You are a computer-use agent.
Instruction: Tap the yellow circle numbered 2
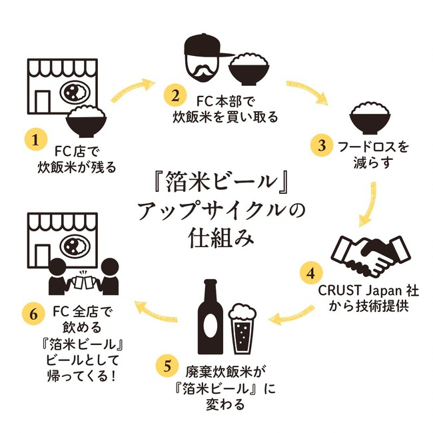pyautogui.click(x=175, y=95)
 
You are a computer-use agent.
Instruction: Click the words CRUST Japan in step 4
pyautogui.click(x=356, y=291)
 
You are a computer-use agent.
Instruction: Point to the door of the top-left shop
pyautogui.click(x=42, y=102)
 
